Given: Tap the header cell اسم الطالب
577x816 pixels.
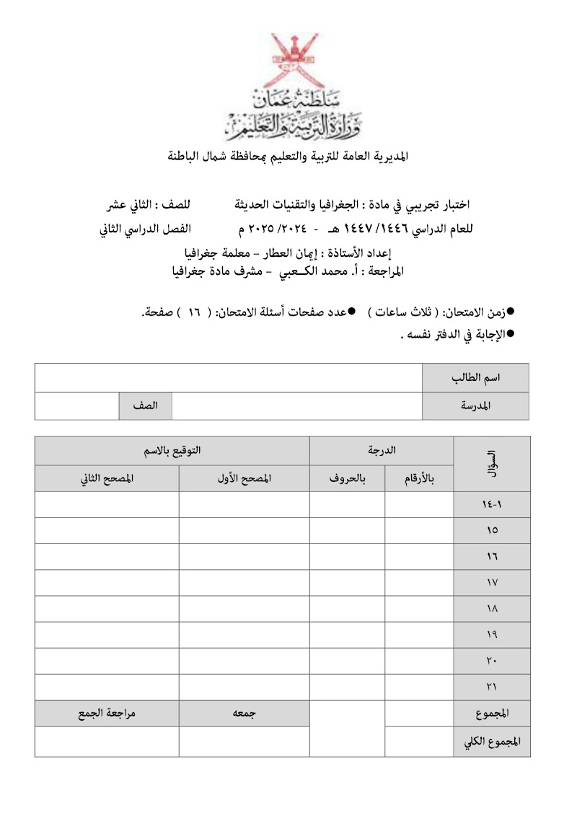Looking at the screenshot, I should click(475, 378).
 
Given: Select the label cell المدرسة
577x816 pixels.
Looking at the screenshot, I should click(475, 405).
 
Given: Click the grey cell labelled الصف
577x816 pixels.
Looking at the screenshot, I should click(145, 405).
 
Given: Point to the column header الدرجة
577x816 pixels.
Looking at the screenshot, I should click(382, 450).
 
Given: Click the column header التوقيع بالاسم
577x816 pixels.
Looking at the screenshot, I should click(172, 450).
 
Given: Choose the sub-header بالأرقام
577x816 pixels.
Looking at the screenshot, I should click(419, 478).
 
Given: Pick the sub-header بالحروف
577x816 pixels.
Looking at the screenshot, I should click(348, 478).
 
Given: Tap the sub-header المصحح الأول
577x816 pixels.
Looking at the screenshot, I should click(244, 478).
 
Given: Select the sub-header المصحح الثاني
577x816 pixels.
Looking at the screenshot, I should click(107, 478).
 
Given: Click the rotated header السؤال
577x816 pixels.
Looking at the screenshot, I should click(492, 464).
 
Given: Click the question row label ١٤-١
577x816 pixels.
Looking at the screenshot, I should click(492, 505).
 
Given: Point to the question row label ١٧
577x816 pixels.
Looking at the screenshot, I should click(492, 582).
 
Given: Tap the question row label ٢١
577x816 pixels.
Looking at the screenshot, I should click(492, 686).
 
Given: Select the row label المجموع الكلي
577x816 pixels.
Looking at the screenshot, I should click(492, 742).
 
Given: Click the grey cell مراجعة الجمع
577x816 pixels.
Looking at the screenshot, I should click(107, 713).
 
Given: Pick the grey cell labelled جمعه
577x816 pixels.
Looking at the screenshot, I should click(244, 713).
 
